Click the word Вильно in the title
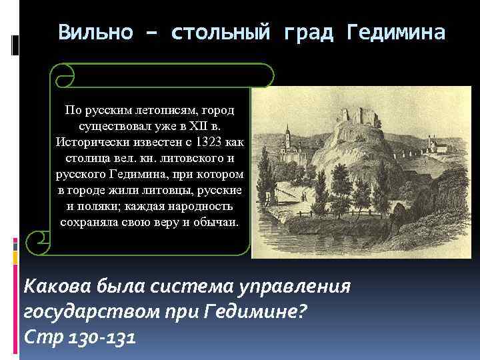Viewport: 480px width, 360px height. coord(92,32)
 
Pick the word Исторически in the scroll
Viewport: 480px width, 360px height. coord(90,142)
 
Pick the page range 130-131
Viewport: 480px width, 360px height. coord(100,337)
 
